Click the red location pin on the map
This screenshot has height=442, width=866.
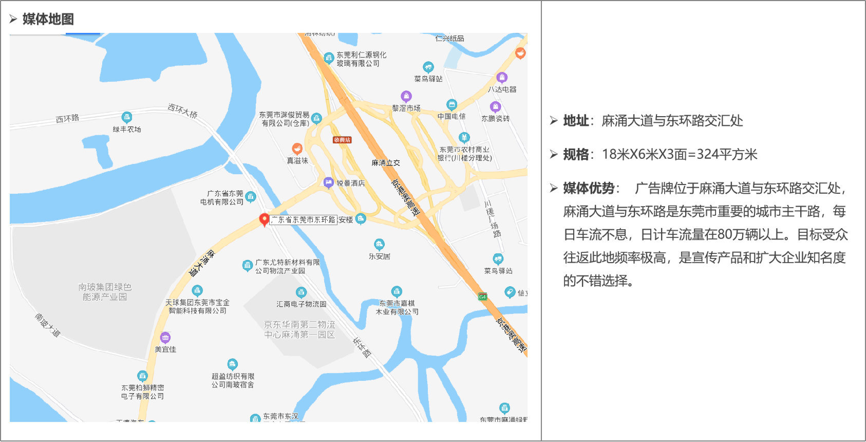[264, 219]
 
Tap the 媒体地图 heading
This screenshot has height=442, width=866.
[48, 20]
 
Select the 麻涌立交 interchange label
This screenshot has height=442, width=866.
[385, 163]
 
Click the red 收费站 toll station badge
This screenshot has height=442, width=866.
[342, 140]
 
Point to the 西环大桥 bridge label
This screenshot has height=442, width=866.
[182, 110]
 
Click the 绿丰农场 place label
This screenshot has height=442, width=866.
[127, 130]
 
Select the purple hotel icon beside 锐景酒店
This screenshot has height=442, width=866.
[329, 182]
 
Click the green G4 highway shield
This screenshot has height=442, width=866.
[482, 297]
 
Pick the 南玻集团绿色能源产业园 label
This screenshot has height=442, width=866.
[105, 292]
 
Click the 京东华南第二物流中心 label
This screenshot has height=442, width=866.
[299, 329]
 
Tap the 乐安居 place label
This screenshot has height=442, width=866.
[379, 256]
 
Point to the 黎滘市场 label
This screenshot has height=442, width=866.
[406, 108]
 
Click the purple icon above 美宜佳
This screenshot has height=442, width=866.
[165, 338]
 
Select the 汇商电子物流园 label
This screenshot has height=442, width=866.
[301, 304]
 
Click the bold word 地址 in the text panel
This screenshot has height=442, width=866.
[576, 121]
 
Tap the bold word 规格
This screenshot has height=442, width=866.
[576, 155]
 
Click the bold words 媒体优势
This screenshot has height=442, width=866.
[589, 188]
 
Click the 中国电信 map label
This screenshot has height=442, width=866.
[451, 117]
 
